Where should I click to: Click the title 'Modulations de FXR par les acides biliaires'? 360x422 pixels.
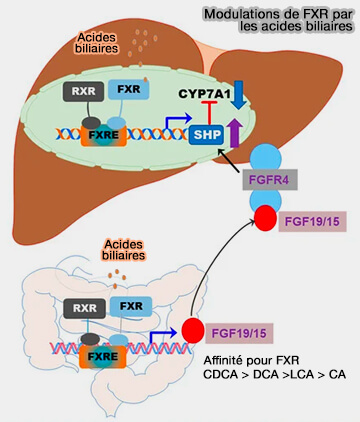[276, 21]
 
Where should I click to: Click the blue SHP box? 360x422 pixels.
[206, 135]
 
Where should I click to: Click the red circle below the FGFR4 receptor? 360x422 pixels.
[266, 219]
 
